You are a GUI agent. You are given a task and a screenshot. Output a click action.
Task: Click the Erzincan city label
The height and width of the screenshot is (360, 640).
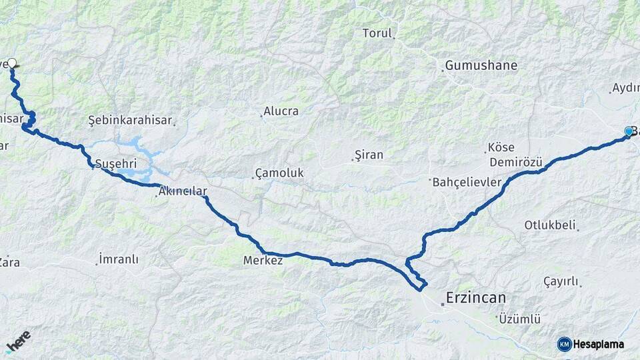tap(476, 297)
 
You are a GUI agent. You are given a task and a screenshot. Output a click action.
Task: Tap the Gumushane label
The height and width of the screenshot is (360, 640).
tap(481, 65)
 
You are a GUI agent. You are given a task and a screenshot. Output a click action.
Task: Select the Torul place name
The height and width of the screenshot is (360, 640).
tap(377, 33)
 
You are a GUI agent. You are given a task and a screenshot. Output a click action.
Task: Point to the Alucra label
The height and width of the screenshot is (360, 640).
tap(281, 111)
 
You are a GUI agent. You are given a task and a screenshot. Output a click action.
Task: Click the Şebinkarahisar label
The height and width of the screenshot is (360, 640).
tap(130, 120)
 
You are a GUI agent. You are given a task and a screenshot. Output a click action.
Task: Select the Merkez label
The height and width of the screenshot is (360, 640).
tap(263, 260)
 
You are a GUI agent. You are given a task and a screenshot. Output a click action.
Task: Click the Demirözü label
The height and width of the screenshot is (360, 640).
tap(516, 162)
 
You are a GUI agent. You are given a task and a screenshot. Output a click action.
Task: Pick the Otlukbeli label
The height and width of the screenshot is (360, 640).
tap(549, 225)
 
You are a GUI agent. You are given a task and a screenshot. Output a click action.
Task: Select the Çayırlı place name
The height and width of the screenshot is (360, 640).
tap(561, 281)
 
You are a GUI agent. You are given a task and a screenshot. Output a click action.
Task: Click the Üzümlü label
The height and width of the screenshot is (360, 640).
tap(519, 319)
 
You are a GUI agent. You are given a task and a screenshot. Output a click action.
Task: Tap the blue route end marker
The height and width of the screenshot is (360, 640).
tap(628, 132)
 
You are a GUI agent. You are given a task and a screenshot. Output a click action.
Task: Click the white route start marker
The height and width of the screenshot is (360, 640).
tap(11, 63)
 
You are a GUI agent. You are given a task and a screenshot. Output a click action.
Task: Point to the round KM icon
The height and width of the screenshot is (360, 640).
tap(564, 344)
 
